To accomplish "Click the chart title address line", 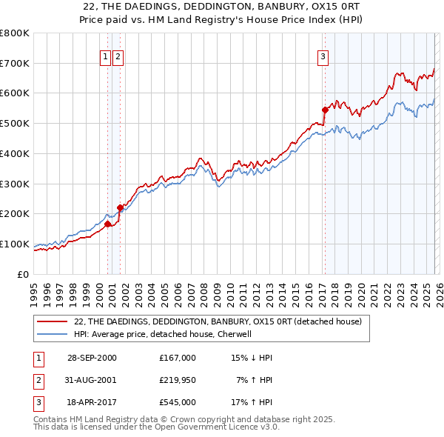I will (x=222, y=6).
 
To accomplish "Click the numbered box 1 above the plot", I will (x=105, y=56).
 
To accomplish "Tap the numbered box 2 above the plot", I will (x=118, y=56).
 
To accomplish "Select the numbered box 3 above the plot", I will (x=323, y=56).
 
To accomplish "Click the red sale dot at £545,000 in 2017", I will (x=325, y=110).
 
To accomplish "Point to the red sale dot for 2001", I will (x=120, y=207).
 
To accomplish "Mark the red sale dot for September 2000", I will (x=108, y=224).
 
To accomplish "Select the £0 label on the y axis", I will (x=22, y=274).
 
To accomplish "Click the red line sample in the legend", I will (x=52, y=322).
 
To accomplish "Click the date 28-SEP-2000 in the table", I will (x=92, y=358).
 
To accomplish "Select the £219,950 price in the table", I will (x=178, y=380).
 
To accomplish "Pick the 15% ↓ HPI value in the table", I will (x=252, y=358).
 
